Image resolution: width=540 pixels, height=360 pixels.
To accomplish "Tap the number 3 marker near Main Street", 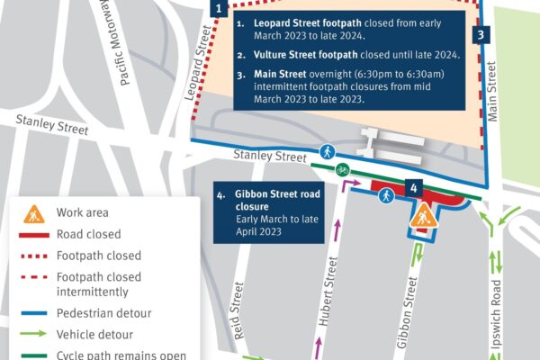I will pyautogui.click(x=481, y=35).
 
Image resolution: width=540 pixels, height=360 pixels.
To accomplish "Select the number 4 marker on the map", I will pyautogui.click(x=411, y=188).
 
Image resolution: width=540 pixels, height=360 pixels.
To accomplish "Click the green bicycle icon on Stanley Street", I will pyautogui.click(x=342, y=168).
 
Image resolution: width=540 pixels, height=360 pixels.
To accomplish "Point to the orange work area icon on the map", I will pyautogui.click(x=422, y=216).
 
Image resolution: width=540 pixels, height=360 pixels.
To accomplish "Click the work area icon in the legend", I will pyautogui.click(x=34, y=213).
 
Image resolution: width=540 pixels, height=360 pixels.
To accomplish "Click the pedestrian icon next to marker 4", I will pyautogui.click(x=386, y=194).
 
